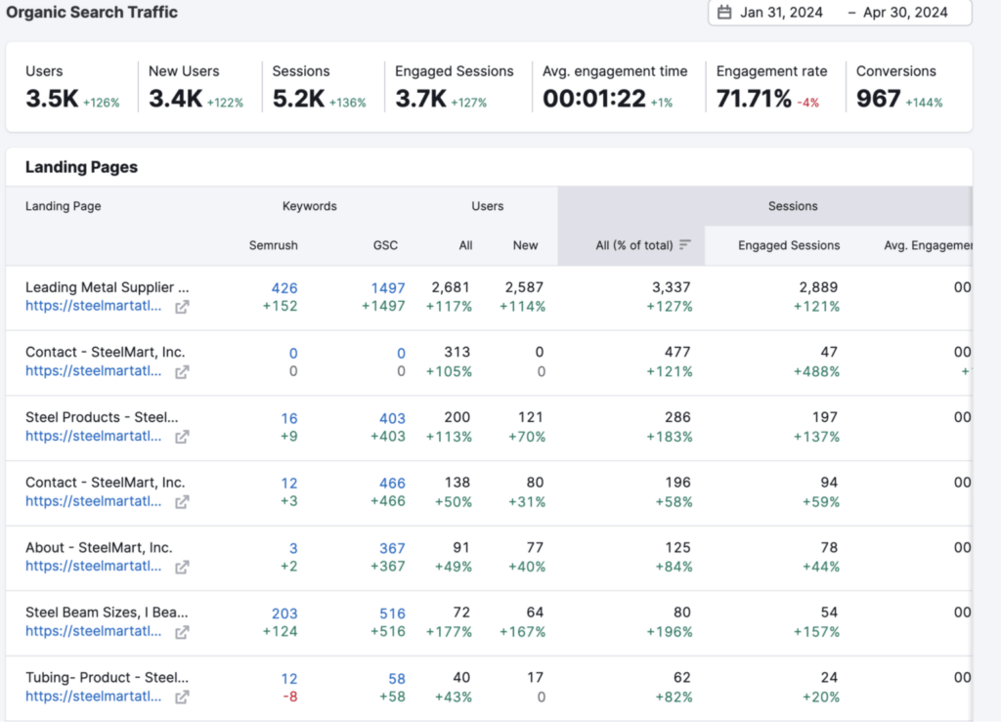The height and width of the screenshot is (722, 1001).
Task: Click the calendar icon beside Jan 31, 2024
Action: [724, 13]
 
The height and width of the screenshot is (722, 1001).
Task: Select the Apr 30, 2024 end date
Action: [905, 13]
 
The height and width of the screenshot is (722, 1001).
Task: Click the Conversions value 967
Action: [878, 99]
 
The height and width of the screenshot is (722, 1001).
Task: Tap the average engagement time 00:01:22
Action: [594, 99]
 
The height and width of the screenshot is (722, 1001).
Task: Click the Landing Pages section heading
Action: [81, 167]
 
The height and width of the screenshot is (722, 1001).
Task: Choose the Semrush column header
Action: [274, 245]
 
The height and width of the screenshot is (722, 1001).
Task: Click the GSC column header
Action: [385, 245]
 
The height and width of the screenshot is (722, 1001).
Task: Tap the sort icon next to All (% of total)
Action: [685, 245]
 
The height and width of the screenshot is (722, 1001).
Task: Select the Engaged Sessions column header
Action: [789, 245]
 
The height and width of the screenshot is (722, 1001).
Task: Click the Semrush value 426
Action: [284, 288]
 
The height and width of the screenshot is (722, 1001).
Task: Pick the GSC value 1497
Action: [387, 288]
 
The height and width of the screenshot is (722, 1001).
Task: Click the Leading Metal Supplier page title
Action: [107, 287]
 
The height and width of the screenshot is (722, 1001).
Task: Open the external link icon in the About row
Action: [182, 567]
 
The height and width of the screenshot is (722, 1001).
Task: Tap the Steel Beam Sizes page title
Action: [107, 613]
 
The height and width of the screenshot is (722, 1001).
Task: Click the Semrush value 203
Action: [284, 614]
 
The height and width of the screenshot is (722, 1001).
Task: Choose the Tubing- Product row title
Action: [107, 678]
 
